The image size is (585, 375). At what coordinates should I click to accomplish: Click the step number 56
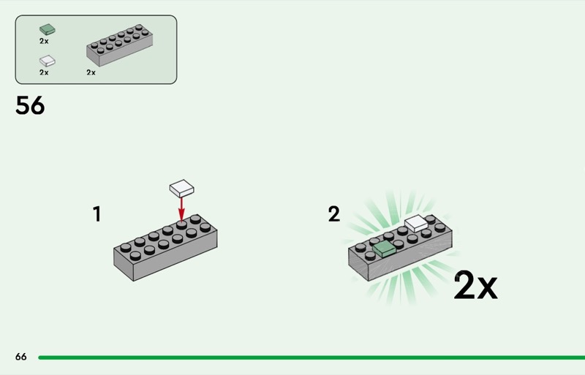tap(30, 105)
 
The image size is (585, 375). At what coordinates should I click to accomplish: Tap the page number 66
tap(21, 357)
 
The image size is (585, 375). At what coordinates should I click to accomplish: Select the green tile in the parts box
tap(48, 29)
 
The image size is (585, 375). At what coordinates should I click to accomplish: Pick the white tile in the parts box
tap(48, 61)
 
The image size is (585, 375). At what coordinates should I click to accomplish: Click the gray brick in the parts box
tap(119, 45)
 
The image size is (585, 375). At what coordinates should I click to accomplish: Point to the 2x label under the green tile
tap(44, 42)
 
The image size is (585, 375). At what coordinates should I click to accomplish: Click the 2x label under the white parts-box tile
tap(44, 72)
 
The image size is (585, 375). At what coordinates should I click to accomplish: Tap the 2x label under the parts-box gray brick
tap(91, 72)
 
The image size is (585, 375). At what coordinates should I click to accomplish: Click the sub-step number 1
tap(97, 213)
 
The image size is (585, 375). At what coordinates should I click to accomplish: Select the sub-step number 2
tap(334, 213)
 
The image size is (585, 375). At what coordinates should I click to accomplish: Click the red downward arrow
tap(181, 209)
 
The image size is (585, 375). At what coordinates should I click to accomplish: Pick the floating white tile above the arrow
tap(181, 189)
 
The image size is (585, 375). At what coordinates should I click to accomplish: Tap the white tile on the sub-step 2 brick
tap(416, 224)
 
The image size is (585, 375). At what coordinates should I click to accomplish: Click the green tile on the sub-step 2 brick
tap(384, 249)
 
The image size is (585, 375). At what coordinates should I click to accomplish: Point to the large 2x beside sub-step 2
tap(476, 285)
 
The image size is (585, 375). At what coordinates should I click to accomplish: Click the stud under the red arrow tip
tap(181, 224)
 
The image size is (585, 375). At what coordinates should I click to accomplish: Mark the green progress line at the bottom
tap(312, 357)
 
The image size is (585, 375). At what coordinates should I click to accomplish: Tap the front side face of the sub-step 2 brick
tap(410, 256)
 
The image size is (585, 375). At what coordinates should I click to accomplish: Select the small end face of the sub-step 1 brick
tap(124, 264)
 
